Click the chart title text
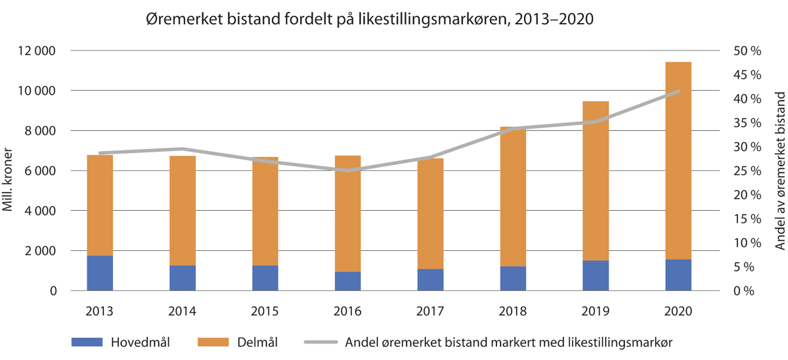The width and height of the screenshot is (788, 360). (369, 20)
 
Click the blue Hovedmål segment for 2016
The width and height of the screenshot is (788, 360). (347, 281)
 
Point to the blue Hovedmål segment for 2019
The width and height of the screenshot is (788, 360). (596, 275)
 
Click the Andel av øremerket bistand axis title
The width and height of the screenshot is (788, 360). (780, 170)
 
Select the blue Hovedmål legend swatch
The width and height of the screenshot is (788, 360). (86, 342)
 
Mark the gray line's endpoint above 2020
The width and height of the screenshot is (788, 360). (678, 91)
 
